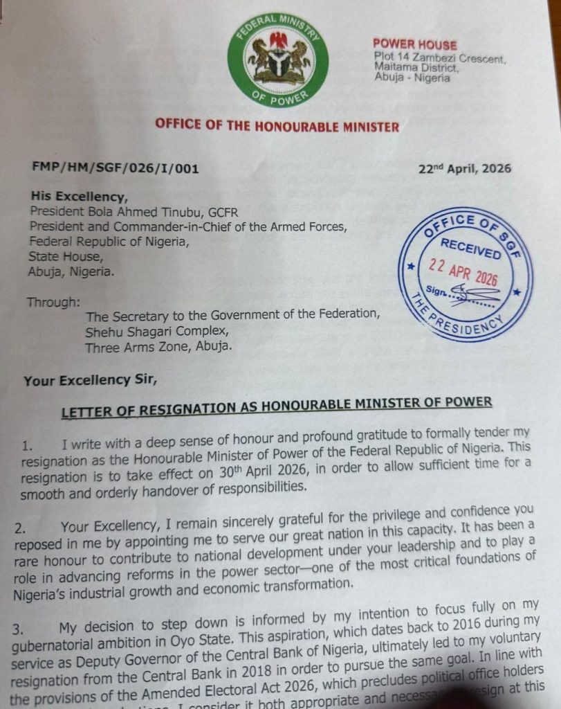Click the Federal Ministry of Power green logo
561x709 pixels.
pyautogui.click(x=278, y=60)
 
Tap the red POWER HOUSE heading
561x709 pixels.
pyautogui.click(x=414, y=45)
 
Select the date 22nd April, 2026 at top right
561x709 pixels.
pyautogui.click(x=465, y=169)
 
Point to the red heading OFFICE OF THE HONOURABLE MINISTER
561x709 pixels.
pyautogui.click(x=277, y=127)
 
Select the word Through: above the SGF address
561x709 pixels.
pyautogui.click(x=53, y=303)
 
